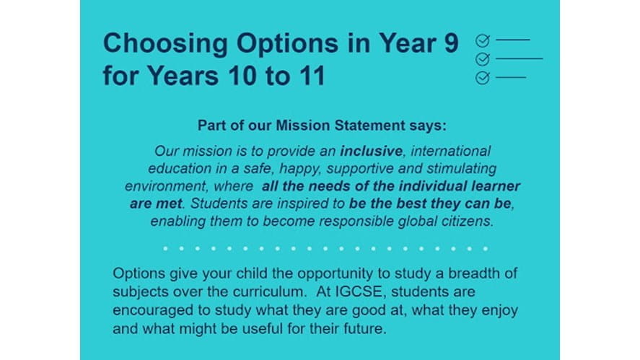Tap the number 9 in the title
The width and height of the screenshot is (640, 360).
point(451,43)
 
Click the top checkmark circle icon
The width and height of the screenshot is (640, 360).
point(483,40)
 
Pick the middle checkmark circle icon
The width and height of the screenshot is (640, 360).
point(483,59)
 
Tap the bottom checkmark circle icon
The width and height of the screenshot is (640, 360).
point(483,77)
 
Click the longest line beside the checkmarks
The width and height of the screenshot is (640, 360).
point(520,58)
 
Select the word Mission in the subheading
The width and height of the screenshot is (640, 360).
point(303,126)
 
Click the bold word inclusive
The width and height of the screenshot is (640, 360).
point(372,151)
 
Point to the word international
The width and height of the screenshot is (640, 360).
point(451,151)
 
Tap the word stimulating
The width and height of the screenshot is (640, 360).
point(461,169)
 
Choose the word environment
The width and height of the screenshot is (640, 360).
point(167,186)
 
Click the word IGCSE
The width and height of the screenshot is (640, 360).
point(359,292)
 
